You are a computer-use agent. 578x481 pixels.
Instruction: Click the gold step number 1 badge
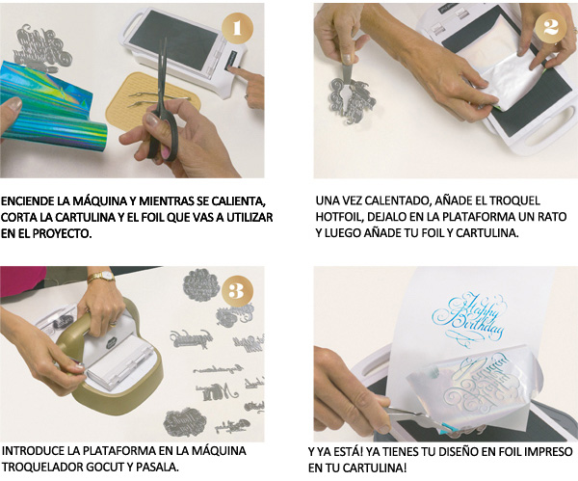(237, 28)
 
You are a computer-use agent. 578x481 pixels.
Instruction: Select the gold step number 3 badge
(237, 292)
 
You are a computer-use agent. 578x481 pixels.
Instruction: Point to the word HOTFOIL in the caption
(338, 217)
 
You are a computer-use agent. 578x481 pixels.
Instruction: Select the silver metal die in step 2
(351, 99)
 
